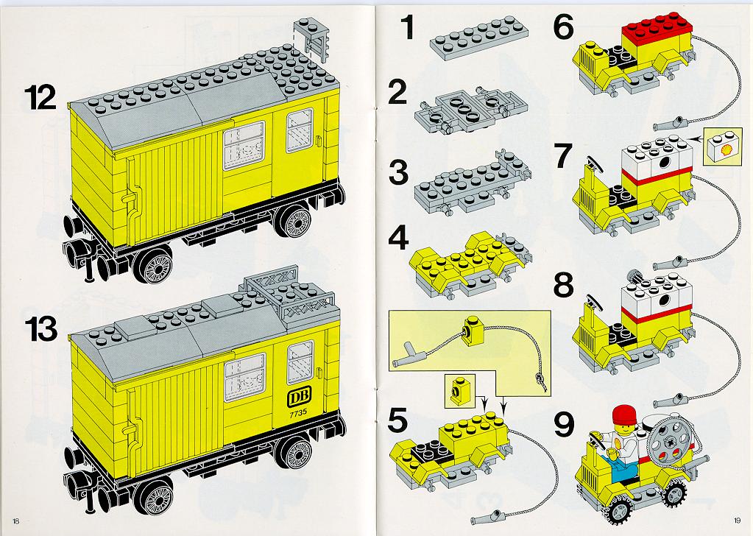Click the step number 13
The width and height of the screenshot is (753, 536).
(x=41, y=329)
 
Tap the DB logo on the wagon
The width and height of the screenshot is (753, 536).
(x=299, y=398)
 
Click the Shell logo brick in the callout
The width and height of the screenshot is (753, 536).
(x=721, y=147)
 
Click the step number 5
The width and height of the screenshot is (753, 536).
(x=397, y=420)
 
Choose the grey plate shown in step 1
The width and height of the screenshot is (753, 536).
(x=479, y=38)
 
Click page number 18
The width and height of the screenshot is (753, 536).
(x=16, y=521)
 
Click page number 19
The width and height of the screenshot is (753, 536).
(x=738, y=520)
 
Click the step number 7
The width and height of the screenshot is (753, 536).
(x=564, y=156)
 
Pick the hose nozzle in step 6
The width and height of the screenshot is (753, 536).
(x=668, y=124)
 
